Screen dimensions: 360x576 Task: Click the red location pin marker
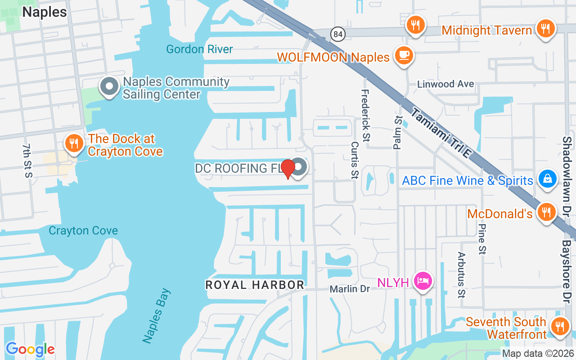(288, 168)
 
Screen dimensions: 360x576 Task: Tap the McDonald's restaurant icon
(546, 211)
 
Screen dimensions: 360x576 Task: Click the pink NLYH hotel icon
(423, 281)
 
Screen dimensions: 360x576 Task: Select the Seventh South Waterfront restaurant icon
(560, 326)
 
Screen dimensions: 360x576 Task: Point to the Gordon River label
(200, 49)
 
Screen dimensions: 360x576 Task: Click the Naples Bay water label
(157, 316)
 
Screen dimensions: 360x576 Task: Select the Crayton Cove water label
(83, 231)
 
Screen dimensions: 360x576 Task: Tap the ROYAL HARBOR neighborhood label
(255, 285)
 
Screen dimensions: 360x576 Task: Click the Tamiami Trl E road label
(441, 134)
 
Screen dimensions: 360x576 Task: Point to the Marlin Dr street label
(350, 289)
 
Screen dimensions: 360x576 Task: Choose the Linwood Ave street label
(445, 84)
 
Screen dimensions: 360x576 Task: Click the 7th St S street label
(28, 160)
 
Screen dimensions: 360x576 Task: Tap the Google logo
(30, 349)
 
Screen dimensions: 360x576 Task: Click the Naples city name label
(45, 12)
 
